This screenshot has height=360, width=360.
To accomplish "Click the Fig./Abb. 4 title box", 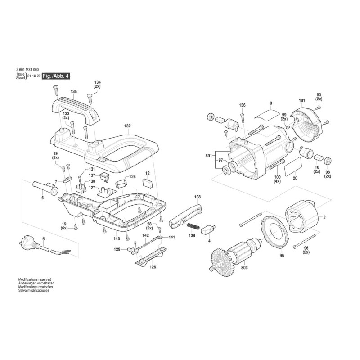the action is point(56,76).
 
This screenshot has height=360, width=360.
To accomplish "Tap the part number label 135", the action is point(74,92).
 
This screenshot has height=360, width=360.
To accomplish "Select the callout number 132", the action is point(127,126).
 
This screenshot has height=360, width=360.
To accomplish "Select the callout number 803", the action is point(244,268).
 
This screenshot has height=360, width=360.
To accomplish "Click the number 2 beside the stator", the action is point(324,217).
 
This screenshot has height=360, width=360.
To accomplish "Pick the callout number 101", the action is point(302,101).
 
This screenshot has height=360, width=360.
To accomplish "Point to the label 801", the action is point(208,156).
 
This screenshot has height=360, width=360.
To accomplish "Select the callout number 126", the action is point(153,267).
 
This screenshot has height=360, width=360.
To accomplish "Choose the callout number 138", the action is point(198,197).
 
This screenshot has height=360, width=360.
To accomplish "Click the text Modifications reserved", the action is point(35,279).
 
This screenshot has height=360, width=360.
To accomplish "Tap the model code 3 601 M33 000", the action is point(27,70).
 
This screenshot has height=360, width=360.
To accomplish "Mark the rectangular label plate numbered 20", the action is point(293,167).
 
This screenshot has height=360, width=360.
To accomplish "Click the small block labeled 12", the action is point(148,184).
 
